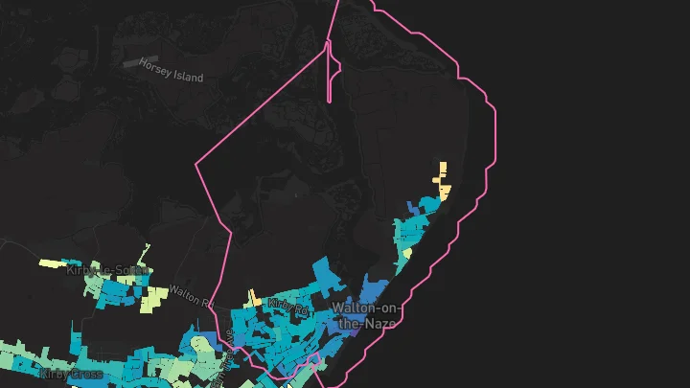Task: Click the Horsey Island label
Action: click(172, 71)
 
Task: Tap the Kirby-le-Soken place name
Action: click(108, 271)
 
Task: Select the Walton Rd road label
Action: click(189, 293)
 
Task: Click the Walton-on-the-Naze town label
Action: click(363, 315)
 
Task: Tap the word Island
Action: click(185, 75)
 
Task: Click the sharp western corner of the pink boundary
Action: click(196, 165)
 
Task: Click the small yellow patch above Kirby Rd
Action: click(254, 298)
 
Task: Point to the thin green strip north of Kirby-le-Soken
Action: click(145, 253)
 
